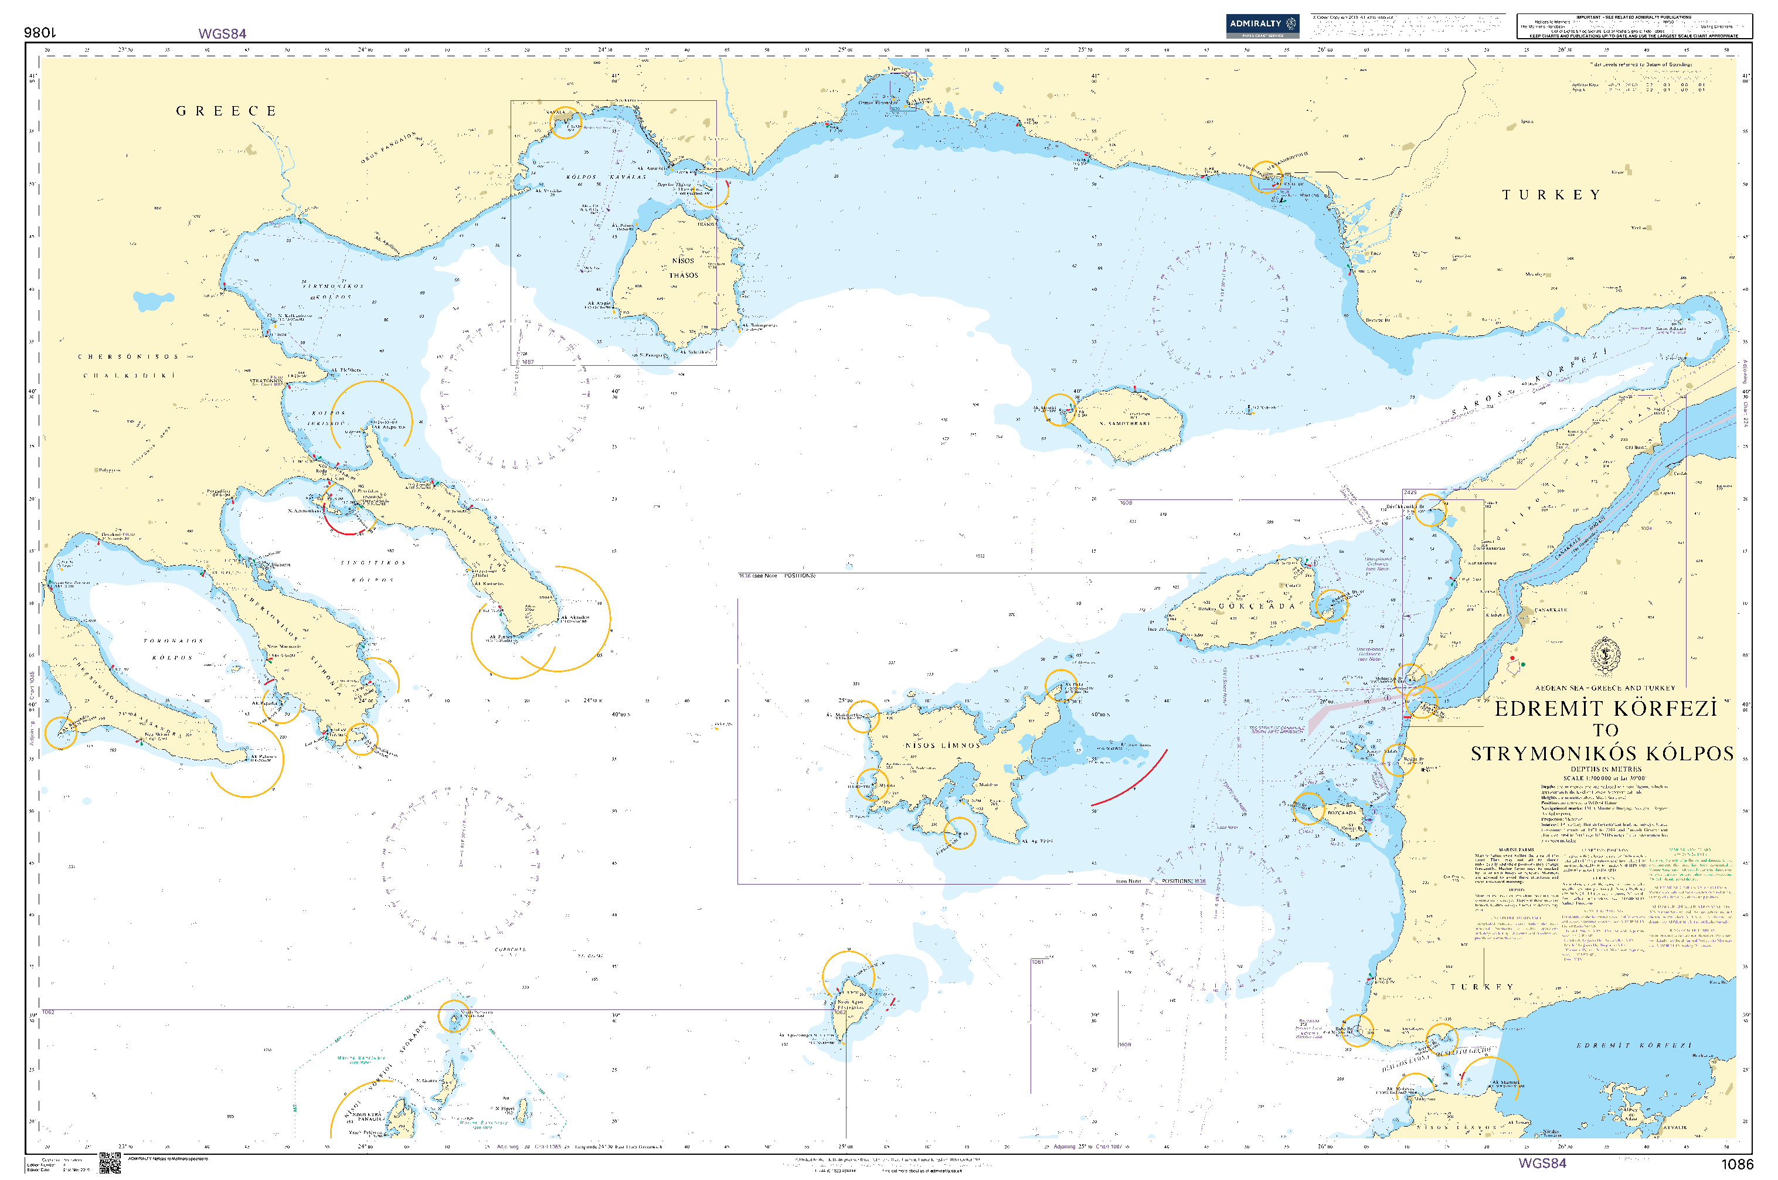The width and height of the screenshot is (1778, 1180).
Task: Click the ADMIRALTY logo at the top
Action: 1261,25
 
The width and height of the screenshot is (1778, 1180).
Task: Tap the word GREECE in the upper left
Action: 226,111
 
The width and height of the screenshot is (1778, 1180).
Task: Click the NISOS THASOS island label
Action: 683,268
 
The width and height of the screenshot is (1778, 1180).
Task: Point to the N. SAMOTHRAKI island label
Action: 1125,424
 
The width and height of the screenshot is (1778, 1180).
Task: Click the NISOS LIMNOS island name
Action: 942,746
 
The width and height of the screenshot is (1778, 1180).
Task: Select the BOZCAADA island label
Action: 1342,813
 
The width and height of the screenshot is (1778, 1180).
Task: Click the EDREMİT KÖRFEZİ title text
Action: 1605,709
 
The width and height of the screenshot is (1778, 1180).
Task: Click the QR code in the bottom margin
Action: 110,1162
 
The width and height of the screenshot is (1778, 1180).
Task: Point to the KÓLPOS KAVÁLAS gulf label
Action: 606,178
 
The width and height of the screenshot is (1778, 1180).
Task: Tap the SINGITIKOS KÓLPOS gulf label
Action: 373,571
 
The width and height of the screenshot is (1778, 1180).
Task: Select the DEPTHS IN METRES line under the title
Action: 1606,769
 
